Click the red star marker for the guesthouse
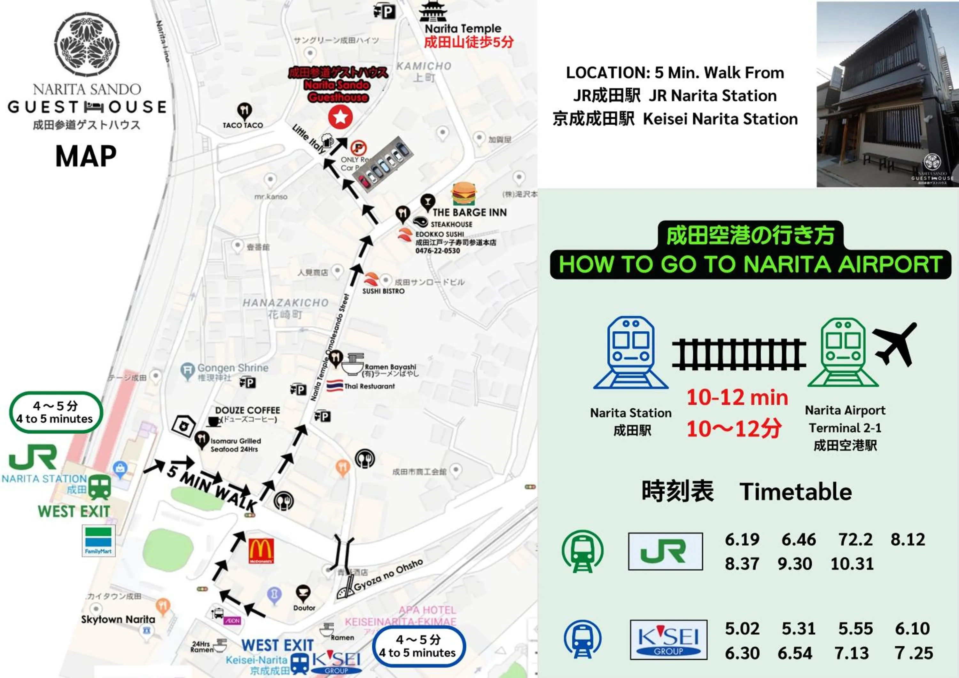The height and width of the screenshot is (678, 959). [340, 117]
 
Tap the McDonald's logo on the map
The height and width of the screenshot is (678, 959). [261, 551]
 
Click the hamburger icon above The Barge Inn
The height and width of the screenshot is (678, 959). [464, 194]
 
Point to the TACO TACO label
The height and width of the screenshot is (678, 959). [243, 125]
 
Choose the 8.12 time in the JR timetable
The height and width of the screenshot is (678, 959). [908, 539]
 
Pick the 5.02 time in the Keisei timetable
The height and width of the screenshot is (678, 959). [742, 628]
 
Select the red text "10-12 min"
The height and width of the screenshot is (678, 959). [737, 397]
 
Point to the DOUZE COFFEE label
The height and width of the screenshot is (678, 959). [247, 410]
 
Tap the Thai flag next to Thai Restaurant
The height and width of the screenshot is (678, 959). [335, 386]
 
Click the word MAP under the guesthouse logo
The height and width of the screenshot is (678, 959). [86, 156]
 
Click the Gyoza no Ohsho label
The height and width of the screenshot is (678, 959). [388, 575]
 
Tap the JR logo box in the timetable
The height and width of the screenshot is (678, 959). [665, 551]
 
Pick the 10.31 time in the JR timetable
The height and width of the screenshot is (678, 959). [852, 564]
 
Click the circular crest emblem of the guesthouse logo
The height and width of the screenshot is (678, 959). [87, 44]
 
